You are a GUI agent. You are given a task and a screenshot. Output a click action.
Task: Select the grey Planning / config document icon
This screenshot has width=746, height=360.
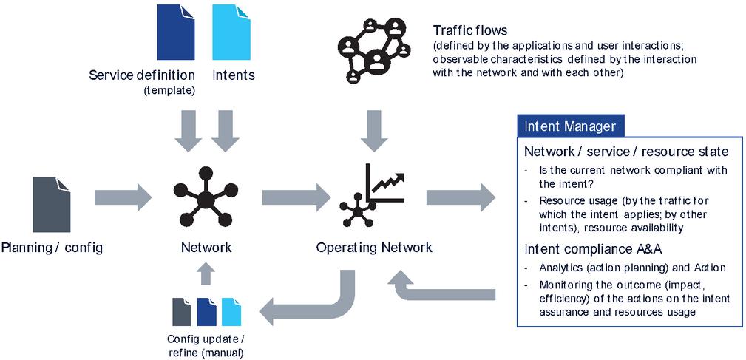(x=52, y=205)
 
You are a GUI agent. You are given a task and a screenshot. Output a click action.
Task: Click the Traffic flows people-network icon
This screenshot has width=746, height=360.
(x=373, y=47)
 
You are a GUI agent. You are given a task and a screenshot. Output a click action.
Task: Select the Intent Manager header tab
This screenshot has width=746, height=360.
(x=570, y=126)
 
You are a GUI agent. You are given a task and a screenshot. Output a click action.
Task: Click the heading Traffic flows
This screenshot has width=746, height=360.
(x=470, y=31)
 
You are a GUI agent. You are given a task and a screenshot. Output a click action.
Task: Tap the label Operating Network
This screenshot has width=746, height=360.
(x=374, y=248)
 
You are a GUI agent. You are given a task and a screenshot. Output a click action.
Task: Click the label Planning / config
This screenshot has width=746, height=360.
(x=52, y=248)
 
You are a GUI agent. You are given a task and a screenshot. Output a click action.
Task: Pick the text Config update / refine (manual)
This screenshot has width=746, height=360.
(x=206, y=346)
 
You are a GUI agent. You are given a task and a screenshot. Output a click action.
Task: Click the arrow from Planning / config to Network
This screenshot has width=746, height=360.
(x=123, y=197)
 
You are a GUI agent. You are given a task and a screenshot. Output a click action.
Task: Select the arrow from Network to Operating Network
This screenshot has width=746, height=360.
(x=295, y=197)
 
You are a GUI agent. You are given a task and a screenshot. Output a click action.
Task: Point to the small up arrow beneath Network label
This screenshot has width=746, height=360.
(x=206, y=274)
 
